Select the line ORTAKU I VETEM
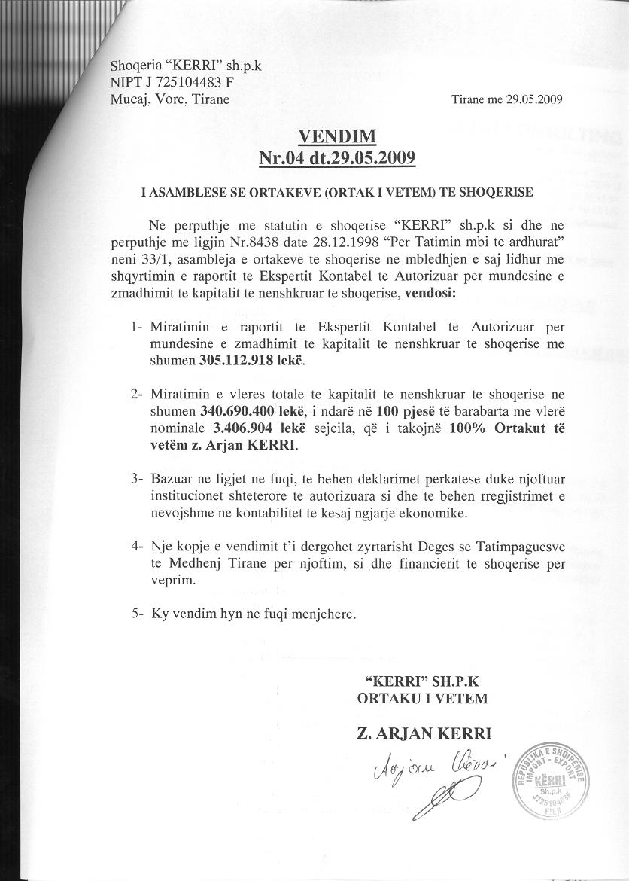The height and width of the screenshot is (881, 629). (422, 698)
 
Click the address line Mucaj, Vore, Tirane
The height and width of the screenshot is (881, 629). (170, 99)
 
